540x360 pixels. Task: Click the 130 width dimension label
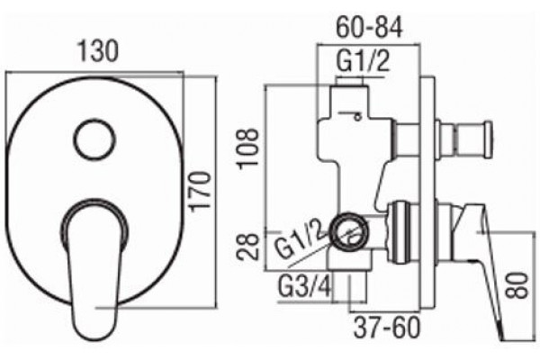(98, 51)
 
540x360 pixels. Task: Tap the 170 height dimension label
(200, 191)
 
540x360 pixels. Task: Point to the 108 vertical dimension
(247, 148)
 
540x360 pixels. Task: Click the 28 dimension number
(247, 246)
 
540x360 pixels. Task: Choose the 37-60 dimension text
(387, 328)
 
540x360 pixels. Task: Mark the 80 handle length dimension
(517, 285)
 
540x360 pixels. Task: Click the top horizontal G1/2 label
(363, 61)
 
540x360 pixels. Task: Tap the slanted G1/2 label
(301, 239)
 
